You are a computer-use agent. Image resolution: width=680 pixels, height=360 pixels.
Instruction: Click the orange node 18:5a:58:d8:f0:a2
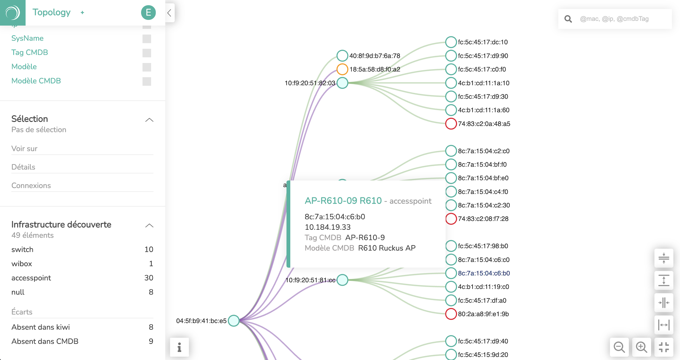(x=342, y=69)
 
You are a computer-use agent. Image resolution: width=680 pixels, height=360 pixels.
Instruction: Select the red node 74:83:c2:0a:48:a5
(x=451, y=124)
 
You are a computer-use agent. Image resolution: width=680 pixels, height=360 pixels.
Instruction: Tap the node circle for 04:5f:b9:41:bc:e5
(x=234, y=321)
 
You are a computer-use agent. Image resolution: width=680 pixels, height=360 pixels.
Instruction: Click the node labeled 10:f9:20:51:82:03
(x=342, y=83)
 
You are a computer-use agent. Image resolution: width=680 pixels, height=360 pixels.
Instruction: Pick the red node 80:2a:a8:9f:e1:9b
(x=451, y=314)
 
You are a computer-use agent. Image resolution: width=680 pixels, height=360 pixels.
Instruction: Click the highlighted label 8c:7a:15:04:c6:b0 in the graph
(x=484, y=273)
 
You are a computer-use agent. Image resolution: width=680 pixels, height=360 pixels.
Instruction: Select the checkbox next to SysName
(x=147, y=39)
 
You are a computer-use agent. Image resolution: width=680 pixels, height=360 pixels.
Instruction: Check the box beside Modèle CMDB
(x=147, y=81)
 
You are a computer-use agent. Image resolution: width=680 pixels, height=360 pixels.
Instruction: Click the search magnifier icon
(x=568, y=19)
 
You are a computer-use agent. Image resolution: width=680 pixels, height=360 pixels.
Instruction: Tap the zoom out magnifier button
(x=619, y=347)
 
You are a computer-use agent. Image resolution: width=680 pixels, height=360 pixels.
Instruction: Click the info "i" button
(x=179, y=347)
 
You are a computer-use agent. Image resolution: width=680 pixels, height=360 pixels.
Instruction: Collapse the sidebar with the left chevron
(x=170, y=13)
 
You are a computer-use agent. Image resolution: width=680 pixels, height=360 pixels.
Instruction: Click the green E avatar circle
(x=148, y=13)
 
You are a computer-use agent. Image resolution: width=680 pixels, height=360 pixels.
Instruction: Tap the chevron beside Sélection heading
(x=149, y=120)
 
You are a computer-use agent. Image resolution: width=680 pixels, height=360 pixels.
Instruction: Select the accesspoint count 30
(x=149, y=278)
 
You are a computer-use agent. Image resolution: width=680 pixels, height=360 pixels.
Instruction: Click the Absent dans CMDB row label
(x=45, y=341)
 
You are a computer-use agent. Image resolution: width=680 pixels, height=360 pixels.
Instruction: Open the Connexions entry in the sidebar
(x=31, y=185)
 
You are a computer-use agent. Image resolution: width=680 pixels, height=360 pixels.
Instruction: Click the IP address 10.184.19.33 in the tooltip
(x=328, y=227)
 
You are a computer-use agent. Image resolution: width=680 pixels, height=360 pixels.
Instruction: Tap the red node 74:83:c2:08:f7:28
(x=451, y=219)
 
